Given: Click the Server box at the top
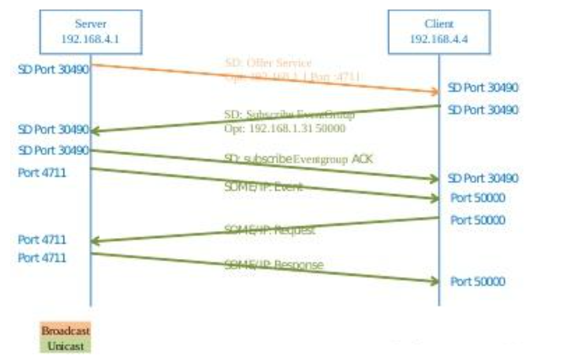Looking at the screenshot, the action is tap(90, 32).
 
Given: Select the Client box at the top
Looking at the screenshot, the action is tap(439, 32).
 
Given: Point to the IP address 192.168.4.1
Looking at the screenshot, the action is tap(90, 38).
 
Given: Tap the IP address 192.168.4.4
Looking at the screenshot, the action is tap(439, 38).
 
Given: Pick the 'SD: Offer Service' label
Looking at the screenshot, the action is tap(268, 63).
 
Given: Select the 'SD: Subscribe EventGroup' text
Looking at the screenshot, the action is tap(289, 115).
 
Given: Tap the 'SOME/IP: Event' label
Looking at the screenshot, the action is tap(263, 187).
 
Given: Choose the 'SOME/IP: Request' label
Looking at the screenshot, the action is tap(269, 230).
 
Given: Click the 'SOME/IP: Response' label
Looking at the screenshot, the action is tap(274, 264).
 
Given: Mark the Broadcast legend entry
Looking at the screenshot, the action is tap(66, 331).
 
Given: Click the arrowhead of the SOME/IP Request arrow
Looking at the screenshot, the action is tap(96, 241).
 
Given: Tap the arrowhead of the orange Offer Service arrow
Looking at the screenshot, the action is tap(433, 92).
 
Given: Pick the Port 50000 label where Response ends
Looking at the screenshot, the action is tap(478, 281).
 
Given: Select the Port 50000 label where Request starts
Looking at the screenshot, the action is tap(478, 220).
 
